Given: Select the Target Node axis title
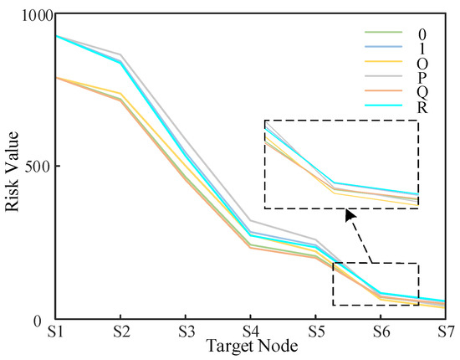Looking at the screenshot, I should coord(250,345).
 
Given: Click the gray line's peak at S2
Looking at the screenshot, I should coord(121,54).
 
